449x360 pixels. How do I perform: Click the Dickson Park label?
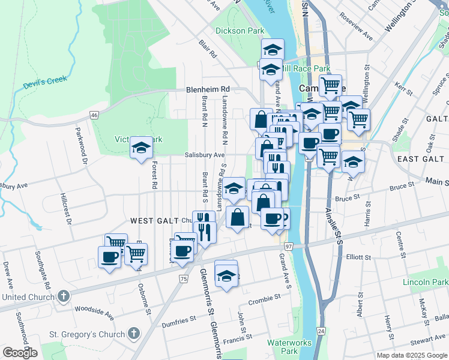pyautogui.click(x=240, y=30)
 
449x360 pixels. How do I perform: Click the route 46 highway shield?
pyautogui.click(x=94, y=115)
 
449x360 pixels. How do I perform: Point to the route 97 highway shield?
pyautogui.click(x=288, y=247)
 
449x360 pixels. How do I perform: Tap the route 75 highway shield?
pyautogui.click(x=183, y=278)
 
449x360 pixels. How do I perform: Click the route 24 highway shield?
pyautogui.click(x=321, y=331)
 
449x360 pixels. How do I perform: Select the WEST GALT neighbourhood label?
pyautogui.click(x=159, y=220)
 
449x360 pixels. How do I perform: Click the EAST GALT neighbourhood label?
pyautogui.click(x=420, y=158)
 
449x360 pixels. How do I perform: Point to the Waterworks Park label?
pyautogui.click(x=282, y=346)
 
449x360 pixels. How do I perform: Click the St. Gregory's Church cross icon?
pyautogui.click(x=133, y=333)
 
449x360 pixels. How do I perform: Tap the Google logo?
pyautogui.click(x=20, y=353)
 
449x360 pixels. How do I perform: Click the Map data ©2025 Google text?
pyautogui.click(x=412, y=355)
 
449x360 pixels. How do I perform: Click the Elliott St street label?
pyautogui.click(x=359, y=257)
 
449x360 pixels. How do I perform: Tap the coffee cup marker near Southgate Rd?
pyautogui.click(x=110, y=258)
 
